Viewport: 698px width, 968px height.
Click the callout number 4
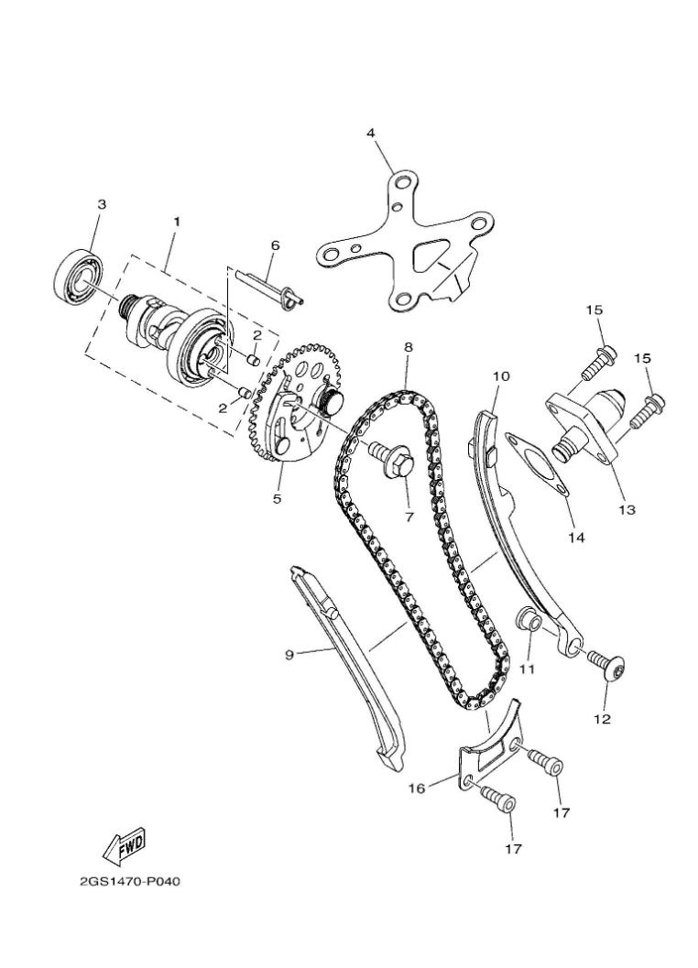click(371, 133)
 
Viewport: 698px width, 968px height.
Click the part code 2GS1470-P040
click(130, 883)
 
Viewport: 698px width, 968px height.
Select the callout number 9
click(289, 654)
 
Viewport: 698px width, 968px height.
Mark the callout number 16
click(417, 788)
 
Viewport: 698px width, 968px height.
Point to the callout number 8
click(408, 348)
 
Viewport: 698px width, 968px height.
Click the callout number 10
click(501, 376)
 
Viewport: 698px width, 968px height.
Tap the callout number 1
click(177, 222)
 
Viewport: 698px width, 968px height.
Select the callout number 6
click(274, 245)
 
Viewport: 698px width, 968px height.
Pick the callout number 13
click(627, 509)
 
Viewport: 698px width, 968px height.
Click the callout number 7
click(409, 517)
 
